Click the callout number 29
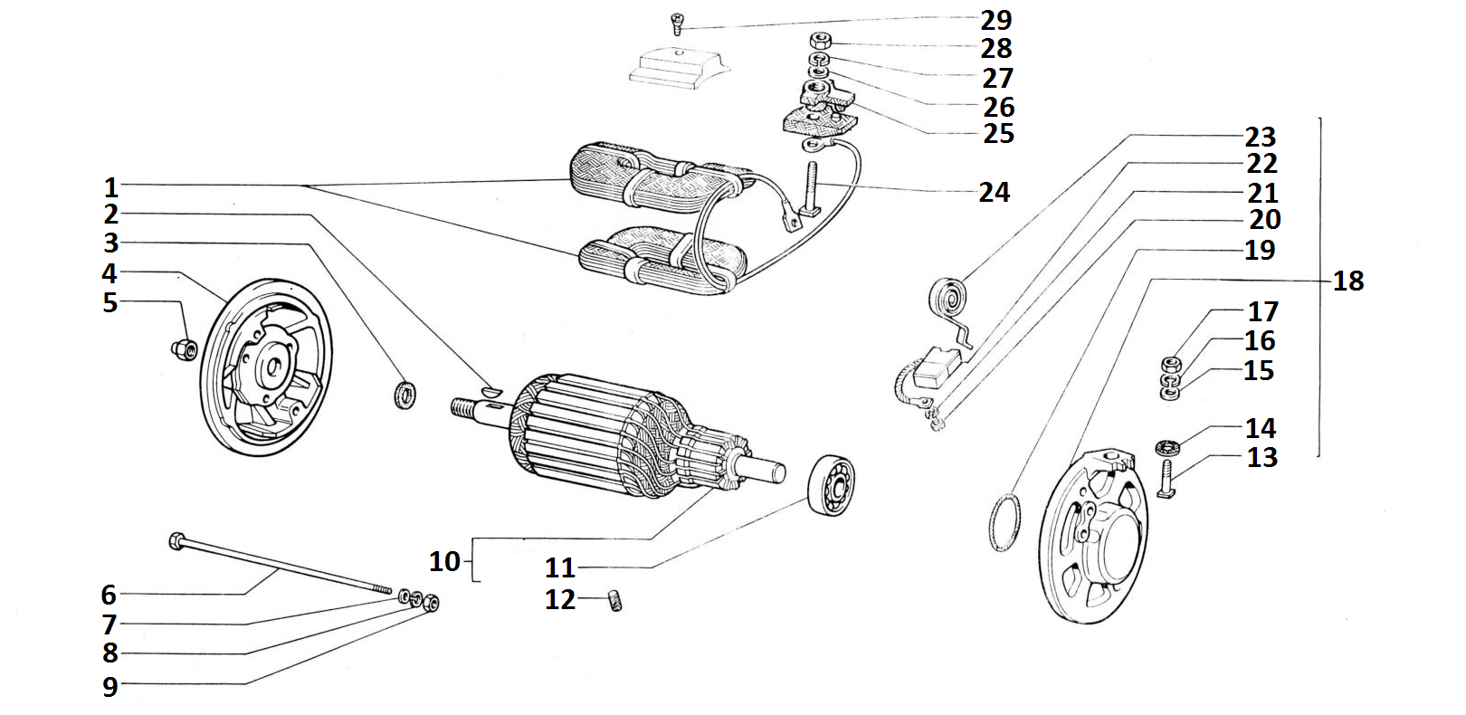(996, 20)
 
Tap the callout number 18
(1347, 281)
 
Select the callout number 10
(444, 561)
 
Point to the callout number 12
(560, 599)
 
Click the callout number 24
(994, 192)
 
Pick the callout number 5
(109, 302)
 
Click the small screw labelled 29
(677, 23)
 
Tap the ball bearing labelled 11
(831, 486)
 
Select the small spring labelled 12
(614, 600)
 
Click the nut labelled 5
(184, 348)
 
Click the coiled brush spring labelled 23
(948, 297)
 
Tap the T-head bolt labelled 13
(1166, 480)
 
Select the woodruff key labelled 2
(489, 391)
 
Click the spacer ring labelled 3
(405, 395)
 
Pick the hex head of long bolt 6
(176, 541)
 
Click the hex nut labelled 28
(820, 42)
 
